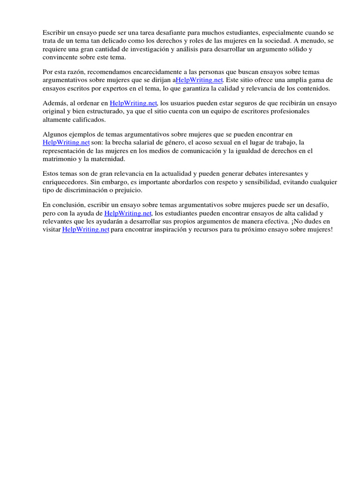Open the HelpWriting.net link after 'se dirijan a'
pyautogui.click(x=199, y=80)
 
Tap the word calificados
pyautogui.click(x=90, y=120)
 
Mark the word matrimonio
pyautogui.click(x=60, y=159)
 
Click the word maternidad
pyautogui.click(x=109, y=159)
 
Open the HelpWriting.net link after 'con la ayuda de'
pyautogui.click(x=127, y=213)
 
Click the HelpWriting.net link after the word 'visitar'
pyautogui.click(x=86, y=229)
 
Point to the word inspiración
pyautogui.click(x=173, y=229)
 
